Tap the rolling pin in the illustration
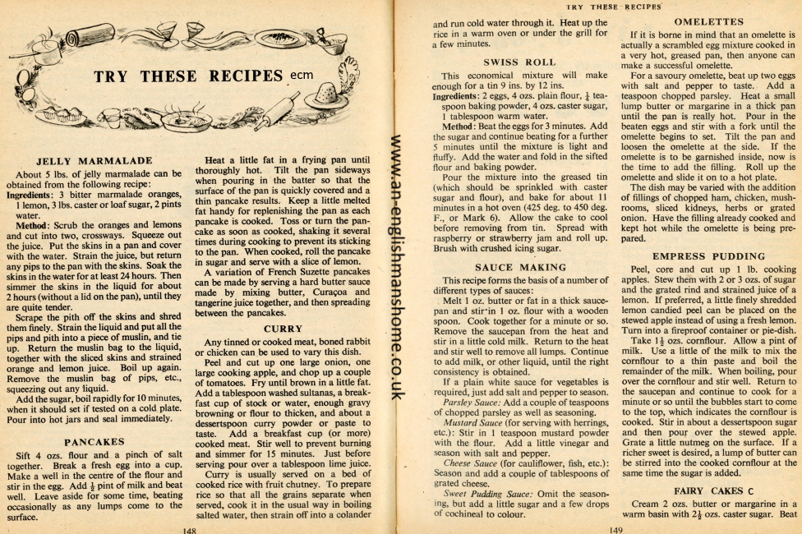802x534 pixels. point(277,109)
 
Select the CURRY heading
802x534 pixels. point(283,329)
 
